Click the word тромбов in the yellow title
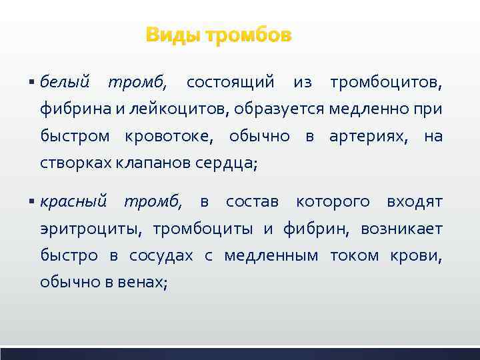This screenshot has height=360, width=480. pos(248,35)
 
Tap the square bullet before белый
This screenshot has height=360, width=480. pos(33,83)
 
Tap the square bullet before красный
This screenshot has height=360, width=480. pos(33,202)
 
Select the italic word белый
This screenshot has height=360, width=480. pos(65,82)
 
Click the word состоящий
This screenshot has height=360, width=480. pos(230,82)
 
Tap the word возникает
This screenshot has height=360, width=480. pos(401,229)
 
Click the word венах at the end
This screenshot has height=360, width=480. pos(145,282)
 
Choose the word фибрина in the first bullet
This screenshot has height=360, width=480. pos(67,109)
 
